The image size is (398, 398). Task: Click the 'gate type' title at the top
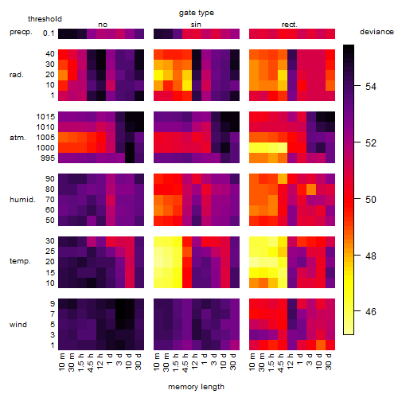tap(197, 13)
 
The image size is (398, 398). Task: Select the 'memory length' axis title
tap(196, 387)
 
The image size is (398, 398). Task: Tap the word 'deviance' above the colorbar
tap(377, 32)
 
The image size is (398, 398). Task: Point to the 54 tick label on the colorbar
tap(371, 87)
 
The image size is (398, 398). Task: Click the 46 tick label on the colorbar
tap(371, 311)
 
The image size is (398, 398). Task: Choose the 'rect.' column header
tap(289, 25)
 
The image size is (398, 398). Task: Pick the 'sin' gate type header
tap(196, 25)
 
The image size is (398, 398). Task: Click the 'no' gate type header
tap(103, 25)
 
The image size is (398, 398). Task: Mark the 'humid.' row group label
tap(22, 200)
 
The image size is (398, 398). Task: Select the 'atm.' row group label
tap(18, 138)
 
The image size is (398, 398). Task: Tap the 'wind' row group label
tap(18, 325)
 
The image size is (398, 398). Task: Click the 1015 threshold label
tap(45, 117)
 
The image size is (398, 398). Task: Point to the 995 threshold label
tap(48, 158)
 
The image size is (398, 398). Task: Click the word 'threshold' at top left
tap(45, 19)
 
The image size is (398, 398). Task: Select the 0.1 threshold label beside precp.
tap(49, 33)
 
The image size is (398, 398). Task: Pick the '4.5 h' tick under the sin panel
tap(185, 362)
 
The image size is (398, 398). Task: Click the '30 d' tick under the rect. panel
tap(328, 361)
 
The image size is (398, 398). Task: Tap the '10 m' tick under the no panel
tap(61, 362)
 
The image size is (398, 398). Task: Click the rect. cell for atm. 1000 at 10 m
tap(254, 148)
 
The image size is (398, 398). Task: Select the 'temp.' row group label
tap(20, 261)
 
